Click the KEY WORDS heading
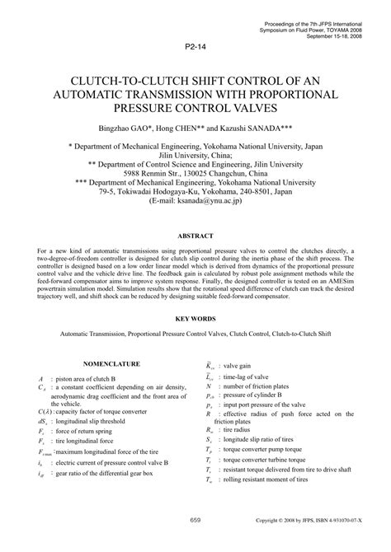click(195, 316)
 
